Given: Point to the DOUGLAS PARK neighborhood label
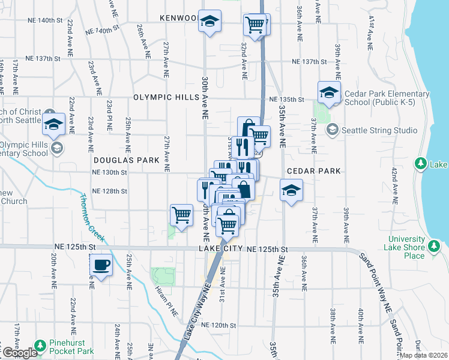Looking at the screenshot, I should [126, 160].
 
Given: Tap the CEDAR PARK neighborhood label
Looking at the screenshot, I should [313, 171].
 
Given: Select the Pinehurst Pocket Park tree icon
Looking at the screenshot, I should [40, 346].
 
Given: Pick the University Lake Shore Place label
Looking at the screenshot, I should [406, 248].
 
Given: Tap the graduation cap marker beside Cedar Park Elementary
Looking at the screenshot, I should [329, 91].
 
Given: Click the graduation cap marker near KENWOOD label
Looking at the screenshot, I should [209, 22].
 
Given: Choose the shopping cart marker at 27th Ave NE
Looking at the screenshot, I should [181, 214].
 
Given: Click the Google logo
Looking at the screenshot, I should [19, 353].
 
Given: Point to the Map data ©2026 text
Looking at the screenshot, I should [423, 355].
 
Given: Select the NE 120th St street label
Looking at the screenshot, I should [220, 325].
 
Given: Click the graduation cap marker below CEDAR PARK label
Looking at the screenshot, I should [292, 191].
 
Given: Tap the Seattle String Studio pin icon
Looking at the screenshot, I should [332, 130].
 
